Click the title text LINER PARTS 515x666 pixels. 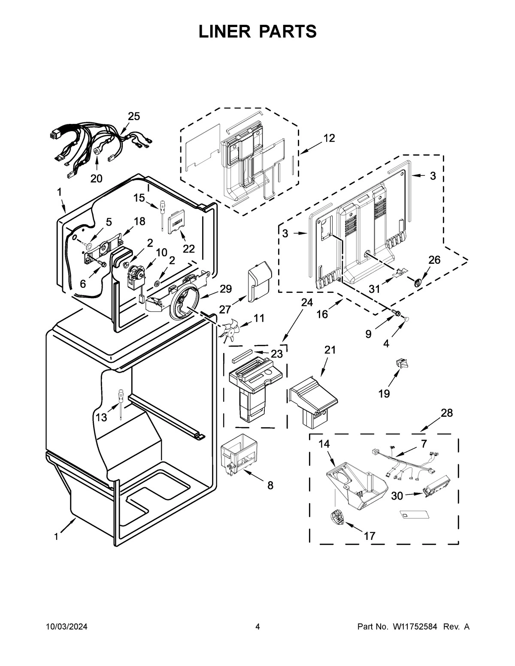pos(257,31)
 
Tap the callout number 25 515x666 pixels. pos(134,116)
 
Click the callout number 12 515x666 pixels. pos(329,138)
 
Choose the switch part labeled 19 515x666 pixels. pos(402,365)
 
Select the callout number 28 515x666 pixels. pos(447,413)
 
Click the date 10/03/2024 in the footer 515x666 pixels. pos(67,627)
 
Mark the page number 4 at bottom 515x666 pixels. pos(257,627)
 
